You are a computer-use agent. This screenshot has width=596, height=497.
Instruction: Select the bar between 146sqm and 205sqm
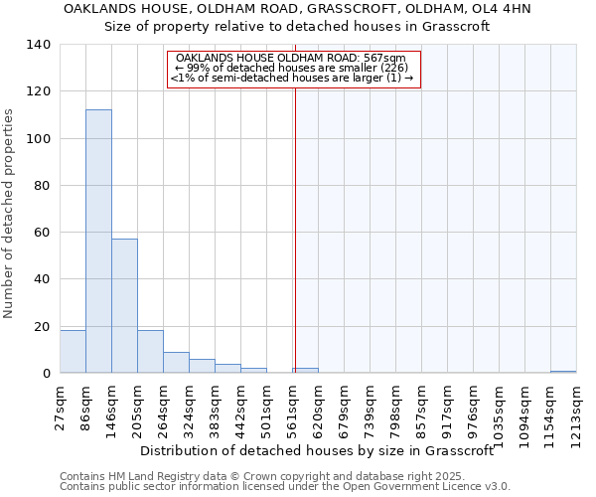pos(124,306)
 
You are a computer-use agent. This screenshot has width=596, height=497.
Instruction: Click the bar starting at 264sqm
pos(176,363)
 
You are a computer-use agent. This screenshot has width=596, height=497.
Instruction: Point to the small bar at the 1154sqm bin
pos(563,372)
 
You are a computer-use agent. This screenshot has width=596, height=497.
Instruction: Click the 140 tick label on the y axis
pos(39,45)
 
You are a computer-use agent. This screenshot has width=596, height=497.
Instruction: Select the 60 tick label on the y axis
pos(43,233)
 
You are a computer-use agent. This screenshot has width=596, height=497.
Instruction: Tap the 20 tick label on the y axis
pos(43,326)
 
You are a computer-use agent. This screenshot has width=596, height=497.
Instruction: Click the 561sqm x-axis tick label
pos(292,405)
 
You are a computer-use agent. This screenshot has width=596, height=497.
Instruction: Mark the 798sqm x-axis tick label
pos(395,405)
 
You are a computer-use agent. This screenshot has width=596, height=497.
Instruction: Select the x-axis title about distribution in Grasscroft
pos(317,450)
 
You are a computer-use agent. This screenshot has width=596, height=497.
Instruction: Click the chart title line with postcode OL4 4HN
pos(297,9)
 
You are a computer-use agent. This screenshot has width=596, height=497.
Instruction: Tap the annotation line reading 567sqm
pos(295,58)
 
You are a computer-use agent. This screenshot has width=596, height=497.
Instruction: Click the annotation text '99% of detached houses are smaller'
pos(295,68)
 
